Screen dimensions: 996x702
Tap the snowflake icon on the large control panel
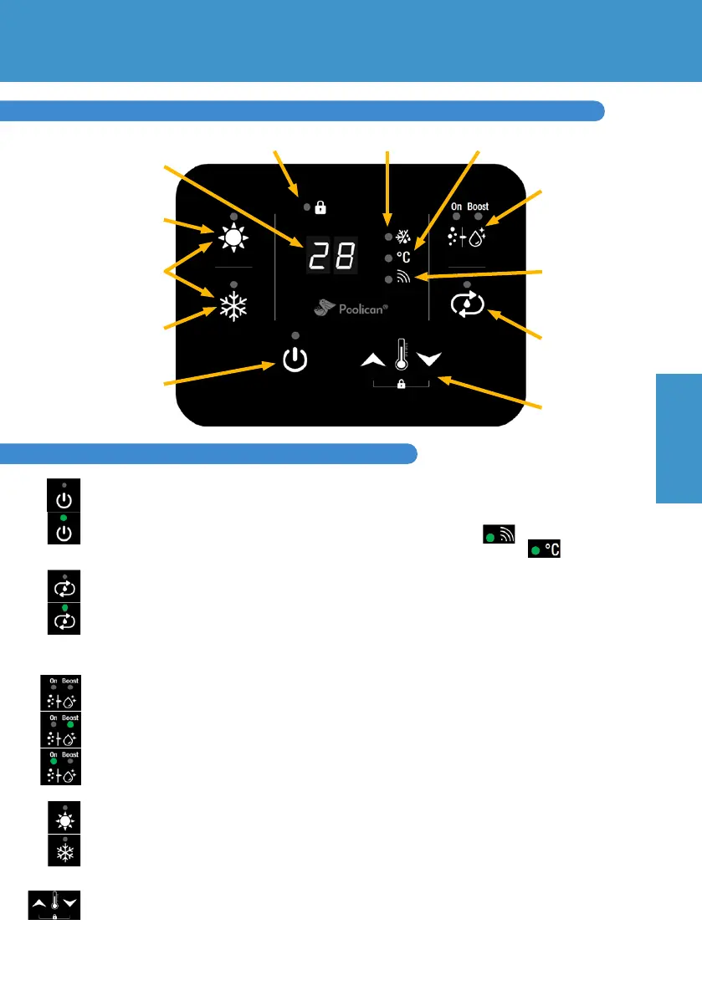tap(233, 307)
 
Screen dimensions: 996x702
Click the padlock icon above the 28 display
tap(320, 205)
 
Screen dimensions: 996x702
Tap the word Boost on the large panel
tap(478, 207)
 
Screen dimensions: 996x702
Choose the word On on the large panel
tap(455, 207)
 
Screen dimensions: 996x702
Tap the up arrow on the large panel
tap(372, 360)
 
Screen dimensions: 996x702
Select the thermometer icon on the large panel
tap(402, 354)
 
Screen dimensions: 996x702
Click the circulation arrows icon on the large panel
tap(467, 306)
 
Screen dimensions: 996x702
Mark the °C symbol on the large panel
tap(403, 258)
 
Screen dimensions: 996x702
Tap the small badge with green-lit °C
tap(544, 549)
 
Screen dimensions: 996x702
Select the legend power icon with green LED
tap(64, 529)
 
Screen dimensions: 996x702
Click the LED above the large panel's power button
tap(295, 335)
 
